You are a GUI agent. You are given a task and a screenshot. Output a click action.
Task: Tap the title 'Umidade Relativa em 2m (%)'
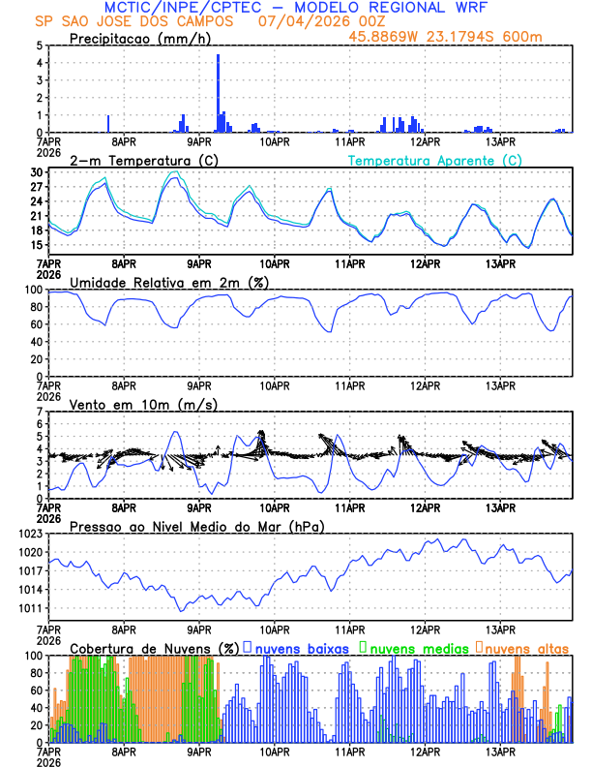coord(168,282)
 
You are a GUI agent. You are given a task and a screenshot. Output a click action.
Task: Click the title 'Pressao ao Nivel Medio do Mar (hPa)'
coord(197,526)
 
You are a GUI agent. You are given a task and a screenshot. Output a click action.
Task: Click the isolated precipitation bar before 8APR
coord(108,124)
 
